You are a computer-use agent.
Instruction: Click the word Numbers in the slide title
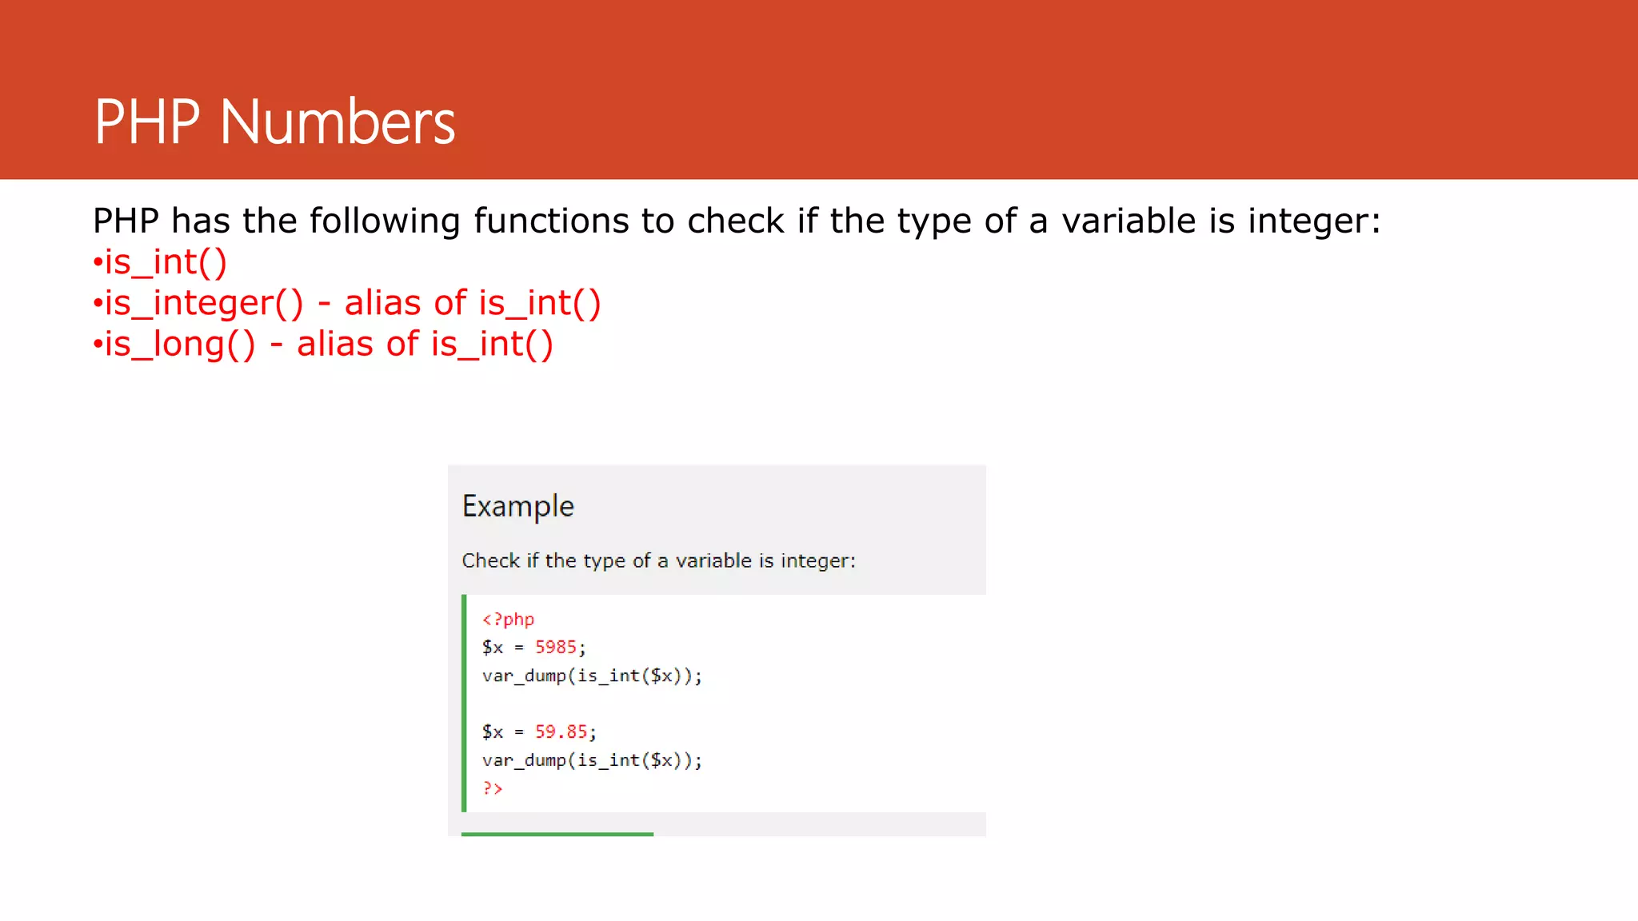pyautogui.click(x=337, y=122)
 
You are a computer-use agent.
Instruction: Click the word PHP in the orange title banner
pyautogui.click(x=146, y=122)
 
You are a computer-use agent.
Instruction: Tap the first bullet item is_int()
pyautogui.click(x=166, y=262)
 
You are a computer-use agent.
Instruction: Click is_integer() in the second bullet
pyautogui.click(x=204, y=303)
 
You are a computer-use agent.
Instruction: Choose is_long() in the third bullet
pyautogui.click(x=180, y=345)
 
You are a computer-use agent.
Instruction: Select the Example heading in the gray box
pyautogui.click(x=518, y=506)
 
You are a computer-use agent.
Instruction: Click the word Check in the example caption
pyautogui.click(x=490, y=560)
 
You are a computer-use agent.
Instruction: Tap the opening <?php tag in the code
pyautogui.click(x=508, y=619)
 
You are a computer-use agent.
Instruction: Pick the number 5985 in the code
pyautogui.click(x=555, y=647)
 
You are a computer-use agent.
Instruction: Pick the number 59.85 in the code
pyautogui.click(x=561, y=732)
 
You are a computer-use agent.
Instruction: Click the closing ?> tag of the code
pyautogui.click(x=492, y=788)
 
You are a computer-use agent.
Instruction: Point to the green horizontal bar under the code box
pyautogui.click(x=557, y=834)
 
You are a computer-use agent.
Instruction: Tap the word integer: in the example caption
pyautogui.click(x=817, y=560)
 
